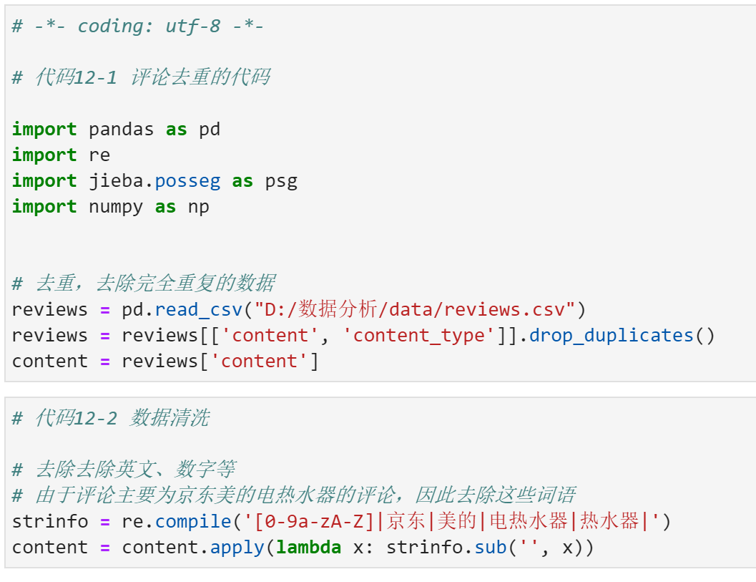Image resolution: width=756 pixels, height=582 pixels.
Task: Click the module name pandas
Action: click(x=121, y=130)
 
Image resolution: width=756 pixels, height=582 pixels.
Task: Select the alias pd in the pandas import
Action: click(x=210, y=130)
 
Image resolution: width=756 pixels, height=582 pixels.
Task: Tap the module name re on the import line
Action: click(x=99, y=155)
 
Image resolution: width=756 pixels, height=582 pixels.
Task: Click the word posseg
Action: click(x=187, y=181)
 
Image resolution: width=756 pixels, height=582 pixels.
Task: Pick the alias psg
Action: click(x=281, y=181)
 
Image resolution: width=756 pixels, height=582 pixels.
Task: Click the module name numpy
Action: click(x=116, y=207)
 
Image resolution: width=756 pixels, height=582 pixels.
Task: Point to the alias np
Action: click(x=199, y=207)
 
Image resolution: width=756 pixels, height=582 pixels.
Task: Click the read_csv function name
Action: click(x=198, y=310)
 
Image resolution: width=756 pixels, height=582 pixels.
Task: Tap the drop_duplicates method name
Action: click(x=612, y=336)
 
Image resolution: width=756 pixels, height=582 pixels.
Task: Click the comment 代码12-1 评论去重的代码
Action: click(x=141, y=77)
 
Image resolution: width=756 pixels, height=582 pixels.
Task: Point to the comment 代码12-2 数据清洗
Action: click(x=111, y=418)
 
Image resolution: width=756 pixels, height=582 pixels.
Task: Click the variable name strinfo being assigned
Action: click(x=44, y=522)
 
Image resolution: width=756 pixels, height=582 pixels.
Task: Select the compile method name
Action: click(x=187, y=522)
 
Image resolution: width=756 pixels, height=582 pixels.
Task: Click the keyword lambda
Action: click(x=309, y=548)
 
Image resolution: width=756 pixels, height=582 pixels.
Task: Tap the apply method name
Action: click(x=237, y=548)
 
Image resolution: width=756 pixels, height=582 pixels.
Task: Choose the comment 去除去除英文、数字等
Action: click(x=124, y=470)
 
